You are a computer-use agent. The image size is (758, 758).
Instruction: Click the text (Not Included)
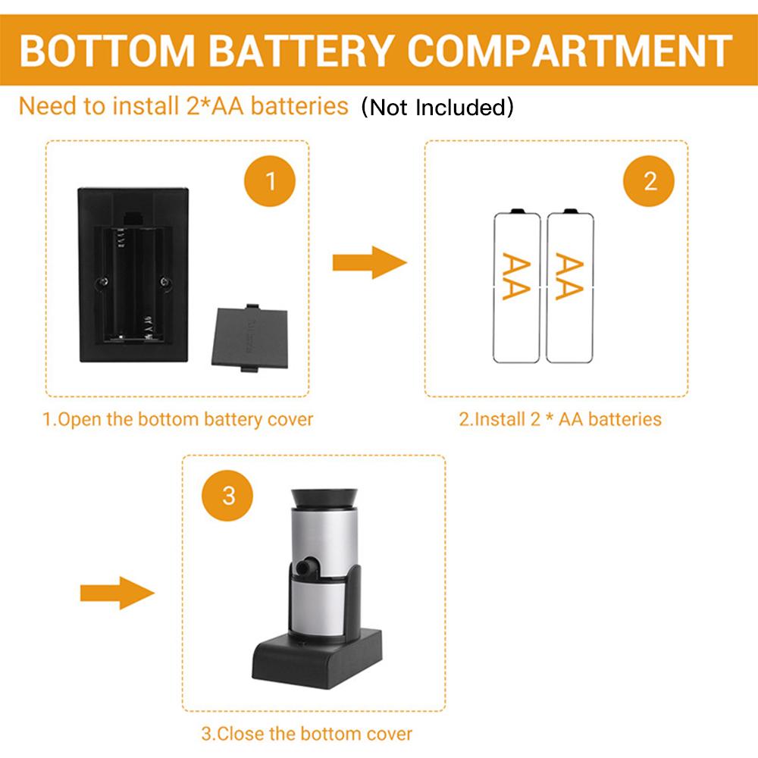pyautogui.click(x=437, y=108)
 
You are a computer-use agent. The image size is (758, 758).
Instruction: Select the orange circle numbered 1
pyautogui.click(x=271, y=182)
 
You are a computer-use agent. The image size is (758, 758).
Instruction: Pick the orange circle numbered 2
pyautogui.click(x=650, y=182)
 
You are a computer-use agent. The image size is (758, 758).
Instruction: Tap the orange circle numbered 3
pyautogui.click(x=229, y=496)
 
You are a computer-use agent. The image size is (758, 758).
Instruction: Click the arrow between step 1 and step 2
pyautogui.click(x=369, y=263)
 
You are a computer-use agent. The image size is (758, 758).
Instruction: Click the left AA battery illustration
pyautogui.click(x=516, y=286)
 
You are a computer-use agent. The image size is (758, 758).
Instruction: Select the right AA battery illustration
pyautogui.click(x=570, y=286)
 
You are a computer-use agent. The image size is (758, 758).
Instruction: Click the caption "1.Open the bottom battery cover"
pyautogui.click(x=177, y=419)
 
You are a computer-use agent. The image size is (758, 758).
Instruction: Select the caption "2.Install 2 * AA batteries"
pyautogui.click(x=560, y=419)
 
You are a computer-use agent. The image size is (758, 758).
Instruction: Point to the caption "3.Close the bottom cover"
pyautogui.click(x=307, y=734)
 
